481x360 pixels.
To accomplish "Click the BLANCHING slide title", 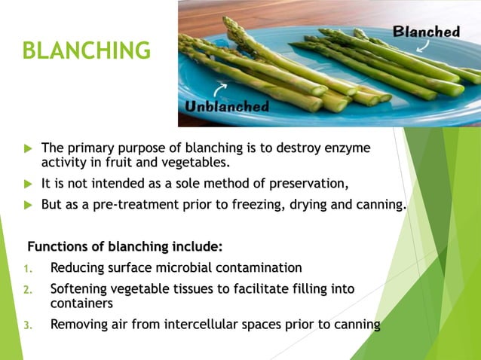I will pos(86,50).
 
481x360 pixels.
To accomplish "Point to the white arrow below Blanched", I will pos(419,47).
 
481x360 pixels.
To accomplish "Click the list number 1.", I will pos(27,268).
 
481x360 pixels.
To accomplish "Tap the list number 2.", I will pos(27,289).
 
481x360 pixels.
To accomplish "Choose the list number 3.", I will pos(27,325).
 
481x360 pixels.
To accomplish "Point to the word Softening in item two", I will pos(80,288).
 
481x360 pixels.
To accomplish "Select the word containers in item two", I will pos(81,303).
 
